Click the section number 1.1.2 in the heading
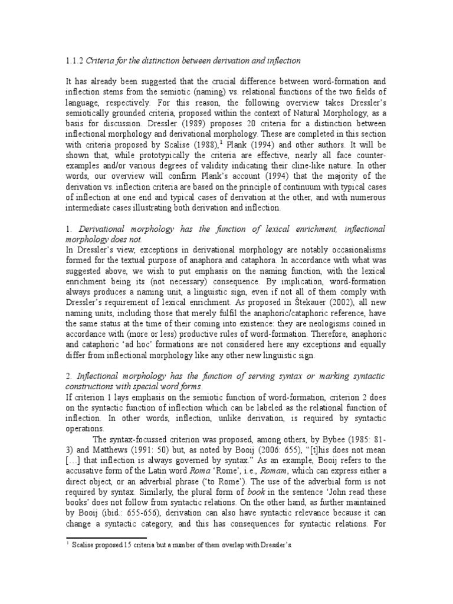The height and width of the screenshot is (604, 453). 75,60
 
